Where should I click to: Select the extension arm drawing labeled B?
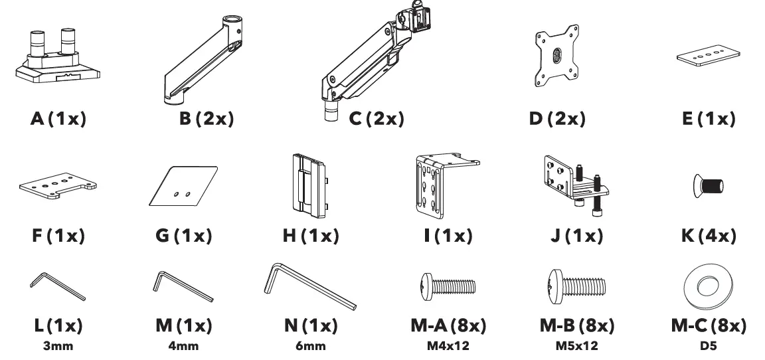pos(207,60)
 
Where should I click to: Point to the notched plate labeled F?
pos(58,186)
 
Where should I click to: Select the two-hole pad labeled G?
pos(182,186)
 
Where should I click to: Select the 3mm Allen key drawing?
pos(57,286)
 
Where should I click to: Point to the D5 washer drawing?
pos(707,287)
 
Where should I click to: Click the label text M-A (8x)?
pos(448,327)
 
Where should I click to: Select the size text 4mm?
pos(183,345)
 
